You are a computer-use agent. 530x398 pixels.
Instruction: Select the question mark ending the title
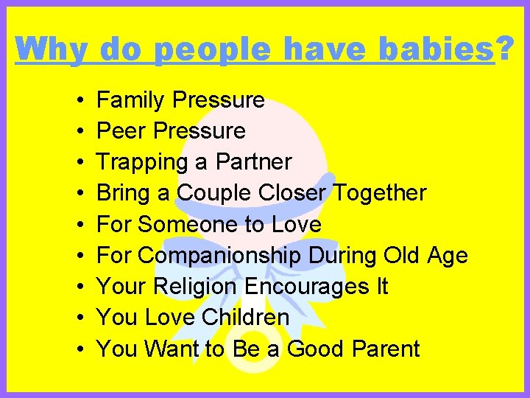click(x=505, y=49)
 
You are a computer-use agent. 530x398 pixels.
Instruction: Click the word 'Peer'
click(x=121, y=131)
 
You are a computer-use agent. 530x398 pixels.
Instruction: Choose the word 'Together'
click(x=380, y=193)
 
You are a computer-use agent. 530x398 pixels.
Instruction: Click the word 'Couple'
click(x=214, y=193)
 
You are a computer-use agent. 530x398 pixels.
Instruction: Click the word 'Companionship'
click(x=219, y=256)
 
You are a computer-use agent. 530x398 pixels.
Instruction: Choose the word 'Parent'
click(x=384, y=349)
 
